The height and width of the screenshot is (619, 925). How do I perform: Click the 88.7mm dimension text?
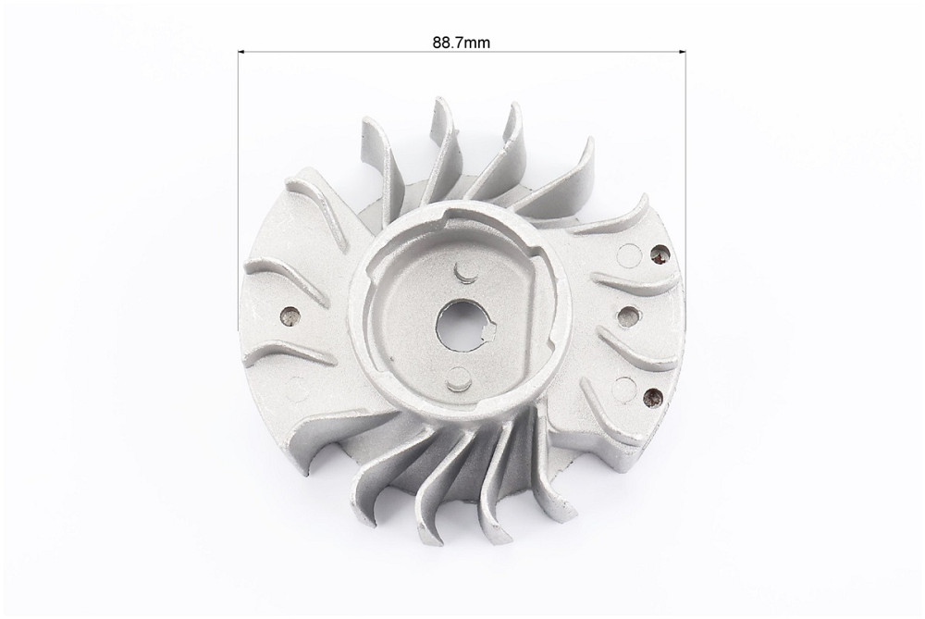[x=462, y=43]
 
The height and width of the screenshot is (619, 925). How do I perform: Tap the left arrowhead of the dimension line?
[x=241, y=52]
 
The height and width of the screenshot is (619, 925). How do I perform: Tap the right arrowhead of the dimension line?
[x=681, y=52]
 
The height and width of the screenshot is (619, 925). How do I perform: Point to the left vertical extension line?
[x=239, y=190]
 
